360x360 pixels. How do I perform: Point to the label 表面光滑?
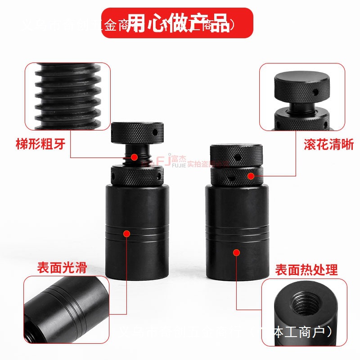(62, 268)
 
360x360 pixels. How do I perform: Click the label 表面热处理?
(306, 270)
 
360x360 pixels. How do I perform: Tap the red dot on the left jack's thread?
(134, 157)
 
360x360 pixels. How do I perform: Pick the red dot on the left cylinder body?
(127, 234)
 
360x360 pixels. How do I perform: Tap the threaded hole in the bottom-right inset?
(304, 307)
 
